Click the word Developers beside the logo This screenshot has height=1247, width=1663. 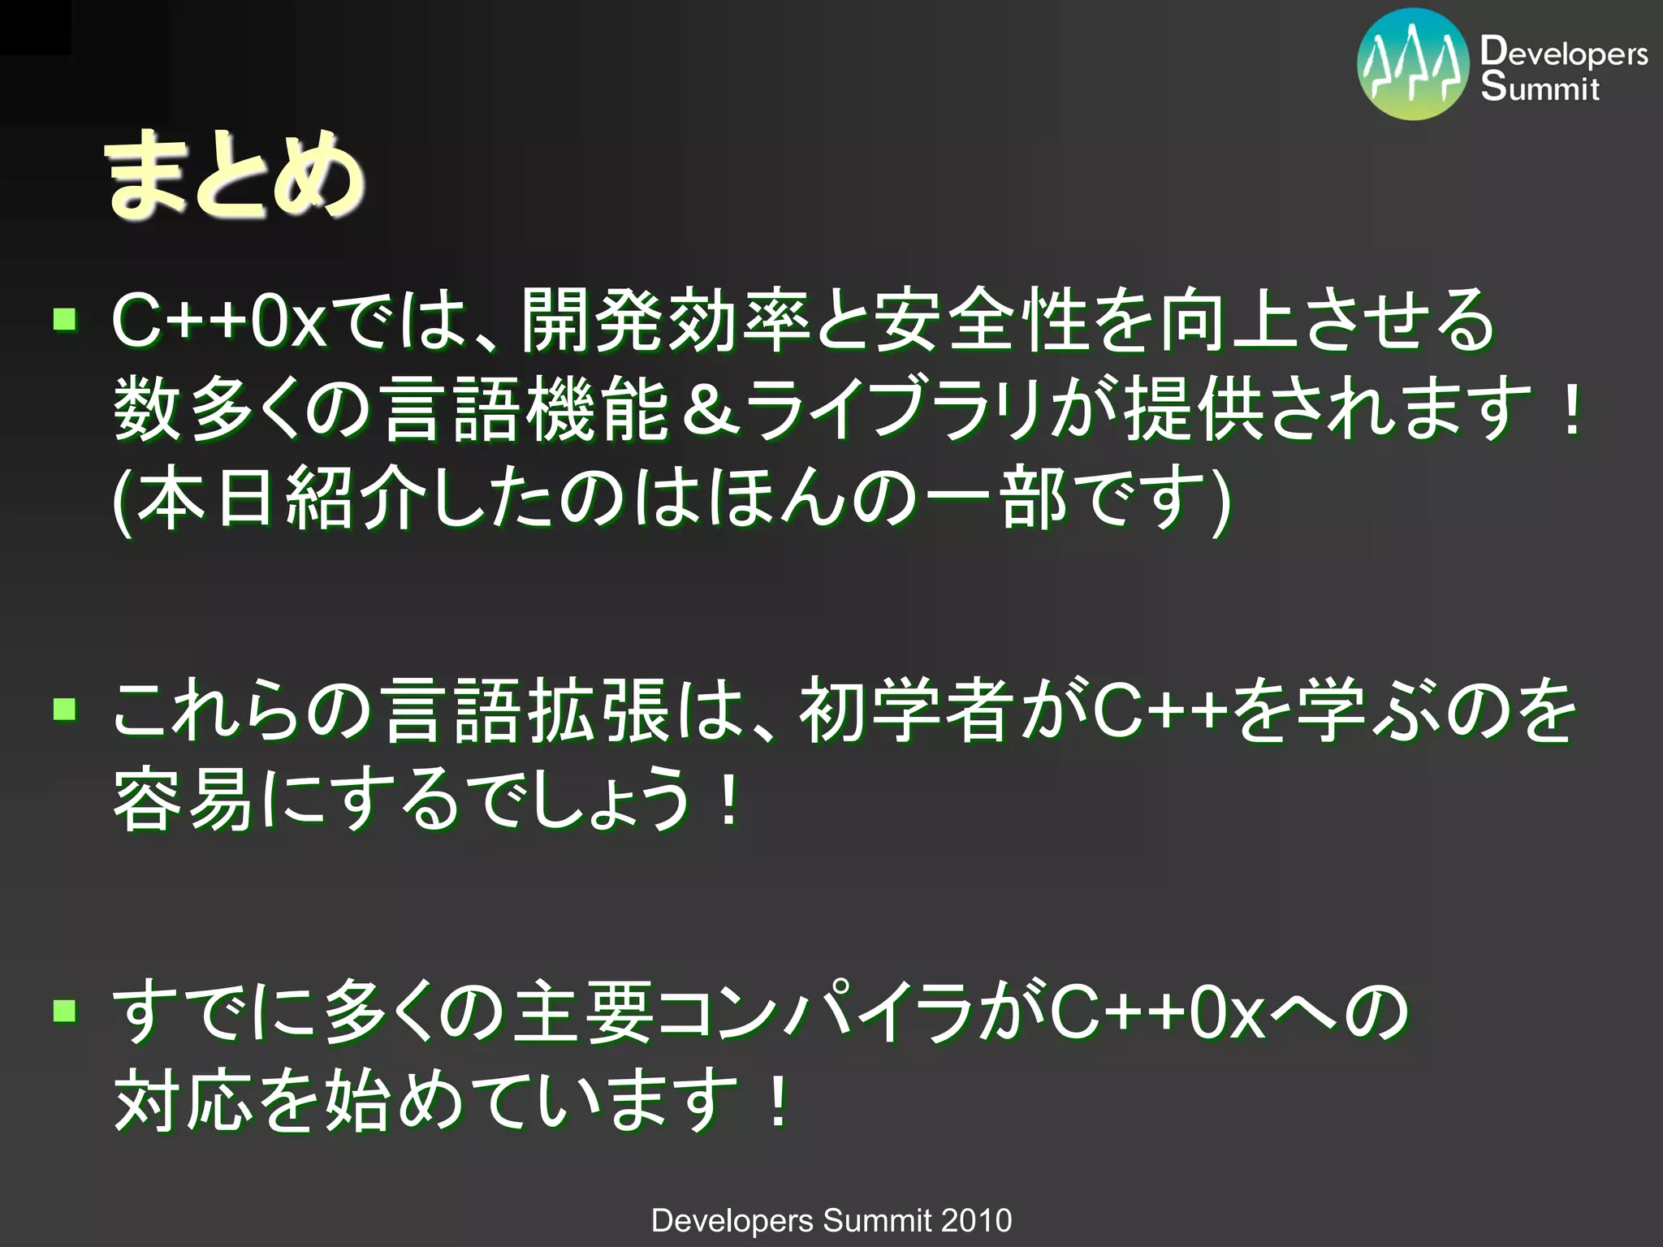[1564, 53]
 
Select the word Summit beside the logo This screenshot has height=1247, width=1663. [1540, 88]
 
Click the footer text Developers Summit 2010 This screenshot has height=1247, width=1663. [831, 1220]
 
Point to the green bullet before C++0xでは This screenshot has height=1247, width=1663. [65, 319]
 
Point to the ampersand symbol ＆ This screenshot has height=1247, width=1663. [710, 410]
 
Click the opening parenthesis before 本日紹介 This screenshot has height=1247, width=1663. [122, 499]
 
